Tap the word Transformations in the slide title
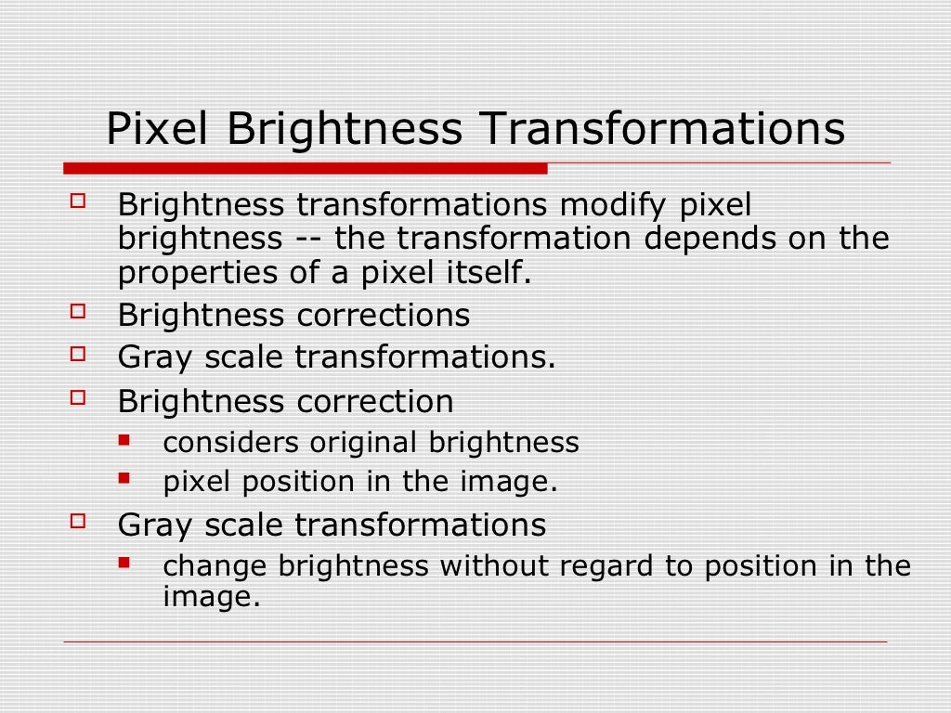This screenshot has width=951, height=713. point(661,129)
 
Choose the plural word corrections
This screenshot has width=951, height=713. point(384,316)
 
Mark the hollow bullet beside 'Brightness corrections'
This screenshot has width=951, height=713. point(77,311)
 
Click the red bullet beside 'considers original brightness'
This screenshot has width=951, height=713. point(124,438)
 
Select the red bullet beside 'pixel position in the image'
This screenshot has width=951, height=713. point(124,478)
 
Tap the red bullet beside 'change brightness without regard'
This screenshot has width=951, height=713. point(124,562)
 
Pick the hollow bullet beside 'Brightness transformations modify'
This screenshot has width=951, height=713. point(77,200)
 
